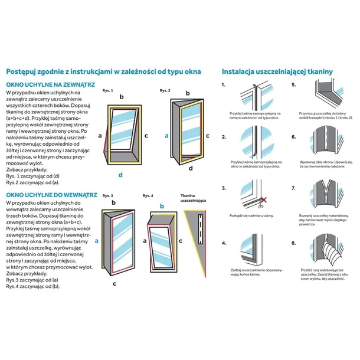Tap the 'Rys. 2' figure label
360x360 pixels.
pos(165,90)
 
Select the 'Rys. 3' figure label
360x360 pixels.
pos(107,195)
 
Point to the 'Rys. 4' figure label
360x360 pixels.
pos(148,195)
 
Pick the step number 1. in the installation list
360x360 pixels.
pos(224,84)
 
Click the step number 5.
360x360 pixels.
pos(293,84)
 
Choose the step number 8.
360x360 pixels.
pos(293,243)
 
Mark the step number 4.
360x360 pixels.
pos(224,243)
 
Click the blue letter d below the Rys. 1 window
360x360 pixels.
pos(120,175)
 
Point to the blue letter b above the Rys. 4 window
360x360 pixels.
pos(162,206)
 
